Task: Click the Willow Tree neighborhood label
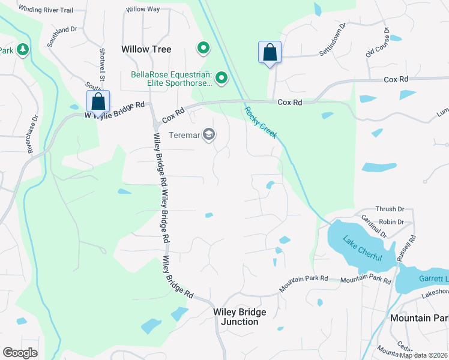click(146, 49)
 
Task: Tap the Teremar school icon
click(209, 134)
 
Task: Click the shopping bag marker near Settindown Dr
click(270, 52)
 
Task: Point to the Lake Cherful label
click(363, 248)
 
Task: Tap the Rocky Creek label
click(261, 122)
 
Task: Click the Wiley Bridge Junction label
click(240, 317)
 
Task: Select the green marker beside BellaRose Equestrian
click(221, 77)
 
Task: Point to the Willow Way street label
click(143, 10)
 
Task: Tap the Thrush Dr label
click(390, 209)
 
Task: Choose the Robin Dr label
click(391, 221)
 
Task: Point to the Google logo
click(20, 353)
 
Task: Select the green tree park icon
click(23, 49)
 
